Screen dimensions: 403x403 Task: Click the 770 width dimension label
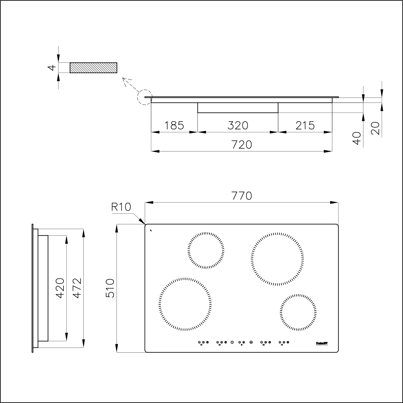click(242, 196)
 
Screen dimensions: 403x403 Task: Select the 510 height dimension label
click(110, 288)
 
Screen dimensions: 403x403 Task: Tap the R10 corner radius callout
click(121, 207)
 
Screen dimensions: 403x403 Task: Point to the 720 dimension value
click(242, 144)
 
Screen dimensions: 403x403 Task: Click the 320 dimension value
click(238, 125)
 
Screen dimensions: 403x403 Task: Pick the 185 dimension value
click(174, 125)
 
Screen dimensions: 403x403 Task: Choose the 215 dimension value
click(305, 125)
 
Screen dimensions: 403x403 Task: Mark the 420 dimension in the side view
click(60, 288)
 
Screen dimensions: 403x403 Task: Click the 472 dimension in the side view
click(77, 288)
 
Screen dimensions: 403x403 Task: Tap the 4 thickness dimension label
click(51, 68)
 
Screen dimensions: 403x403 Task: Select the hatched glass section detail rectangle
click(93, 68)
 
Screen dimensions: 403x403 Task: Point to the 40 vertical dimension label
click(357, 138)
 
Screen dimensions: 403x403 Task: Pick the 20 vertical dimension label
click(376, 128)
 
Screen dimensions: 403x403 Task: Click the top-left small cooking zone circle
click(206, 250)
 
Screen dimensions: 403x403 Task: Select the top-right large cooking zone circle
click(277, 259)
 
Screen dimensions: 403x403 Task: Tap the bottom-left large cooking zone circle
click(185, 304)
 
